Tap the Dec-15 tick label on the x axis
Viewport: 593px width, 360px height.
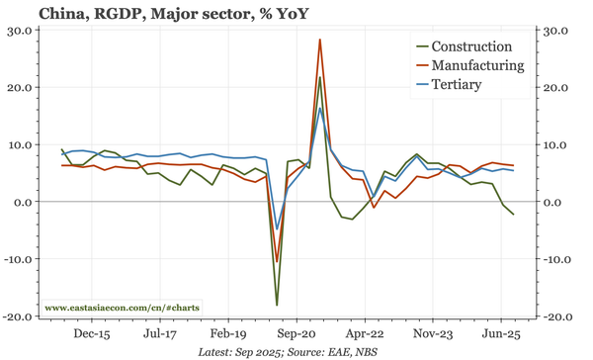click(x=91, y=334)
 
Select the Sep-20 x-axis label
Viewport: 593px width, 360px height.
click(x=296, y=334)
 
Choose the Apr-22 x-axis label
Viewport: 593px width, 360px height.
click(x=364, y=334)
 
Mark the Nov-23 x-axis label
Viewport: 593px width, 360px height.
click(x=432, y=334)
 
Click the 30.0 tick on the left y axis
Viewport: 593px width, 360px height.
click(x=20, y=31)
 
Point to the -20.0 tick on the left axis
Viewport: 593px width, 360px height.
click(x=18, y=317)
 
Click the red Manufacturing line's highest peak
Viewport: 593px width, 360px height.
click(x=320, y=41)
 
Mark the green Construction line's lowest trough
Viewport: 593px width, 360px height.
click(x=277, y=305)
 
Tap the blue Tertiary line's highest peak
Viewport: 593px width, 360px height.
click(x=320, y=108)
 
